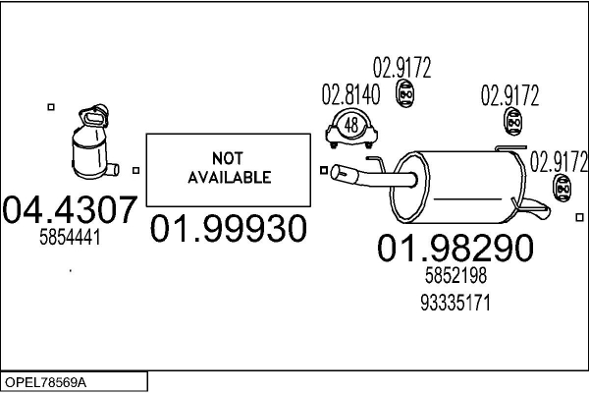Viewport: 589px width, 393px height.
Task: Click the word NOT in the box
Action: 227,160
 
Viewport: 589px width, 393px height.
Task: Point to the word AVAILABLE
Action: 227,178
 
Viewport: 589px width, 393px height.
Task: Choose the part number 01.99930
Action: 227,229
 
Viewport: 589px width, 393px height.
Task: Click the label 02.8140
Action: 349,96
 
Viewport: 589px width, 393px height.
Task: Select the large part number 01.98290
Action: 455,249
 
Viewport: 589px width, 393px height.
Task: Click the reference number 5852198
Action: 455,278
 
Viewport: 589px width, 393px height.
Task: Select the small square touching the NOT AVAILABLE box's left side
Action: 136,170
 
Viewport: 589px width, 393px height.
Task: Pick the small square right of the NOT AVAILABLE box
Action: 324,170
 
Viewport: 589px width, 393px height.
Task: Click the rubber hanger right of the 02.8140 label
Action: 402,92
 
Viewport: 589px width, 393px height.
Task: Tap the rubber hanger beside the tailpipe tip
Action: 562,188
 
